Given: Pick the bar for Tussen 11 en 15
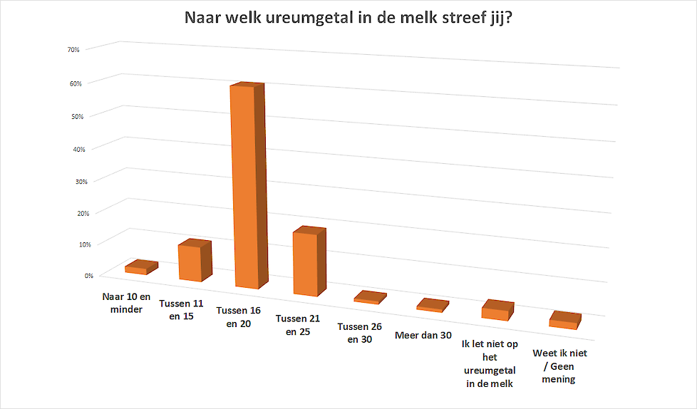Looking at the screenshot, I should [190, 262].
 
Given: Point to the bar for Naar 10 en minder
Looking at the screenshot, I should [137, 269].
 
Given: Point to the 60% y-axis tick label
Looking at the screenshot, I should [75, 83].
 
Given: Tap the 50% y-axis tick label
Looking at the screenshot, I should [78, 116].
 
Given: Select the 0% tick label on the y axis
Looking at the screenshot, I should [89, 276].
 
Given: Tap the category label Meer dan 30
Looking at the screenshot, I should [423, 336].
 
